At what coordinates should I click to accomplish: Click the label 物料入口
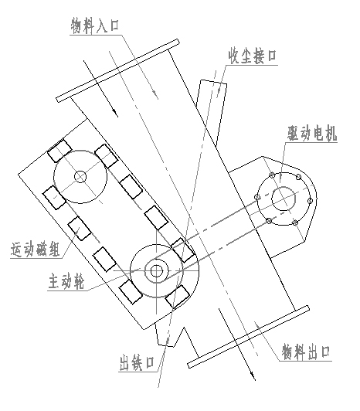tap(95, 26)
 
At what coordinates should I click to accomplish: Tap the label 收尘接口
tap(253, 56)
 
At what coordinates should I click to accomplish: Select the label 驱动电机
tap(311, 134)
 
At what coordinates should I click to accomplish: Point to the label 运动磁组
tap(36, 250)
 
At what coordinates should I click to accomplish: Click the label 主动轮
tap(66, 281)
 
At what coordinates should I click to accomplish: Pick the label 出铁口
tap(136, 363)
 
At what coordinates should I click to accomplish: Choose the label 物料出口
tap(306, 352)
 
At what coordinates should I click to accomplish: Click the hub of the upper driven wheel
tap(80, 177)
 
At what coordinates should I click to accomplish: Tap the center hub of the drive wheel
tap(156, 270)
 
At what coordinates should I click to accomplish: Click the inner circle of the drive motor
tap(284, 199)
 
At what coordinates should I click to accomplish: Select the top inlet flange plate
tap(117, 71)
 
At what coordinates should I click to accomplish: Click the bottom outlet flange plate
tap(248, 337)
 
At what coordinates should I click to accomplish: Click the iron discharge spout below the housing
tap(170, 336)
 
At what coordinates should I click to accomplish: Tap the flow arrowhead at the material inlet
tap(115, 113)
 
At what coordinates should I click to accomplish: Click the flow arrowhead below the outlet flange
tap(253, 376)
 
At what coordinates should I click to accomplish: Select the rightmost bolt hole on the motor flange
tap(311, 201)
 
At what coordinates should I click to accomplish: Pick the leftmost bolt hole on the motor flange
tap(257, 197)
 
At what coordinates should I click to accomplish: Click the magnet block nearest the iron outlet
tap(178, 297)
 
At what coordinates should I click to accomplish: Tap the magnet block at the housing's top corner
tap(59, 151)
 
